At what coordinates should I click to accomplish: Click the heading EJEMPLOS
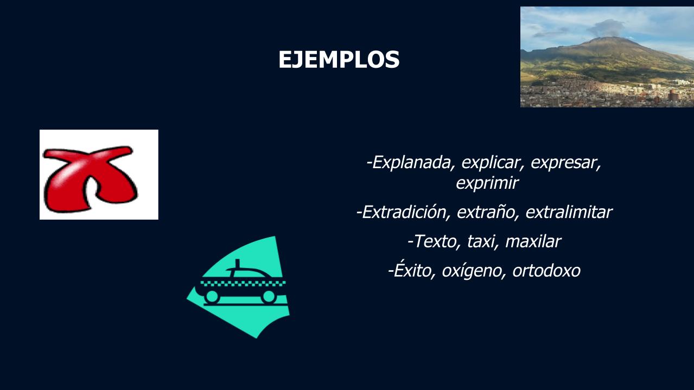point(339,59)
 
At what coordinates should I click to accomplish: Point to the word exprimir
point(487,183)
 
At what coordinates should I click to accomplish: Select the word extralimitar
point(569,212)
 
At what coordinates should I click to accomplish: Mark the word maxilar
point(533,241)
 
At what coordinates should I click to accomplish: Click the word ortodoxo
point(546,271)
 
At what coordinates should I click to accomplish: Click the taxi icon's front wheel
point(269,297)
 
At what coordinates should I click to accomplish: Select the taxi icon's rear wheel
point(212,297)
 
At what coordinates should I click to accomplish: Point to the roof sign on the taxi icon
point(237,264)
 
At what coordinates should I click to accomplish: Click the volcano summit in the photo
point(603,39)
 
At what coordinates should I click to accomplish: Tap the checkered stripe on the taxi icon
point(243,283)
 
